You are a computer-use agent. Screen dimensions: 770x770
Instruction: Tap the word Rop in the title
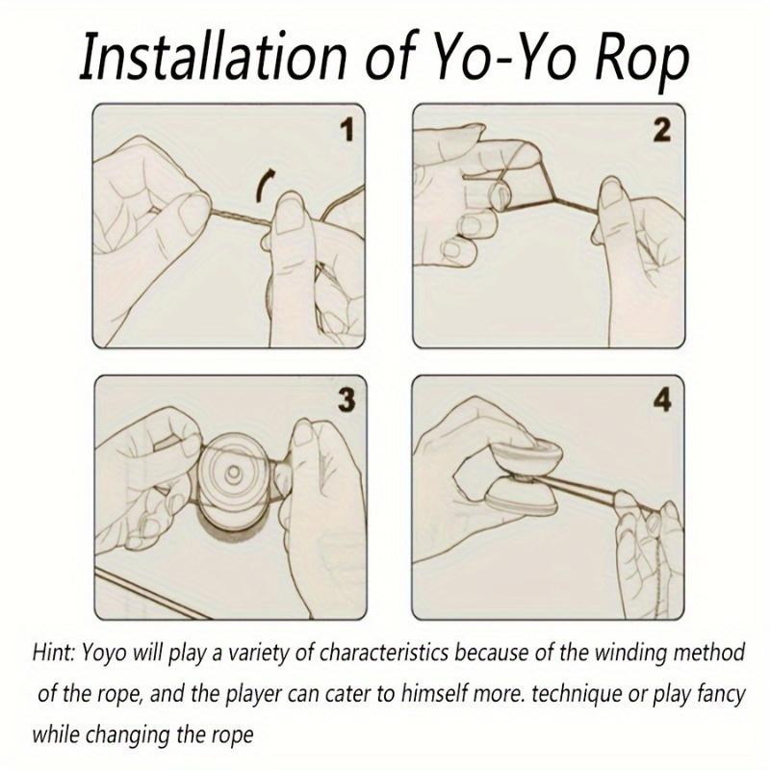pos(638,58)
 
